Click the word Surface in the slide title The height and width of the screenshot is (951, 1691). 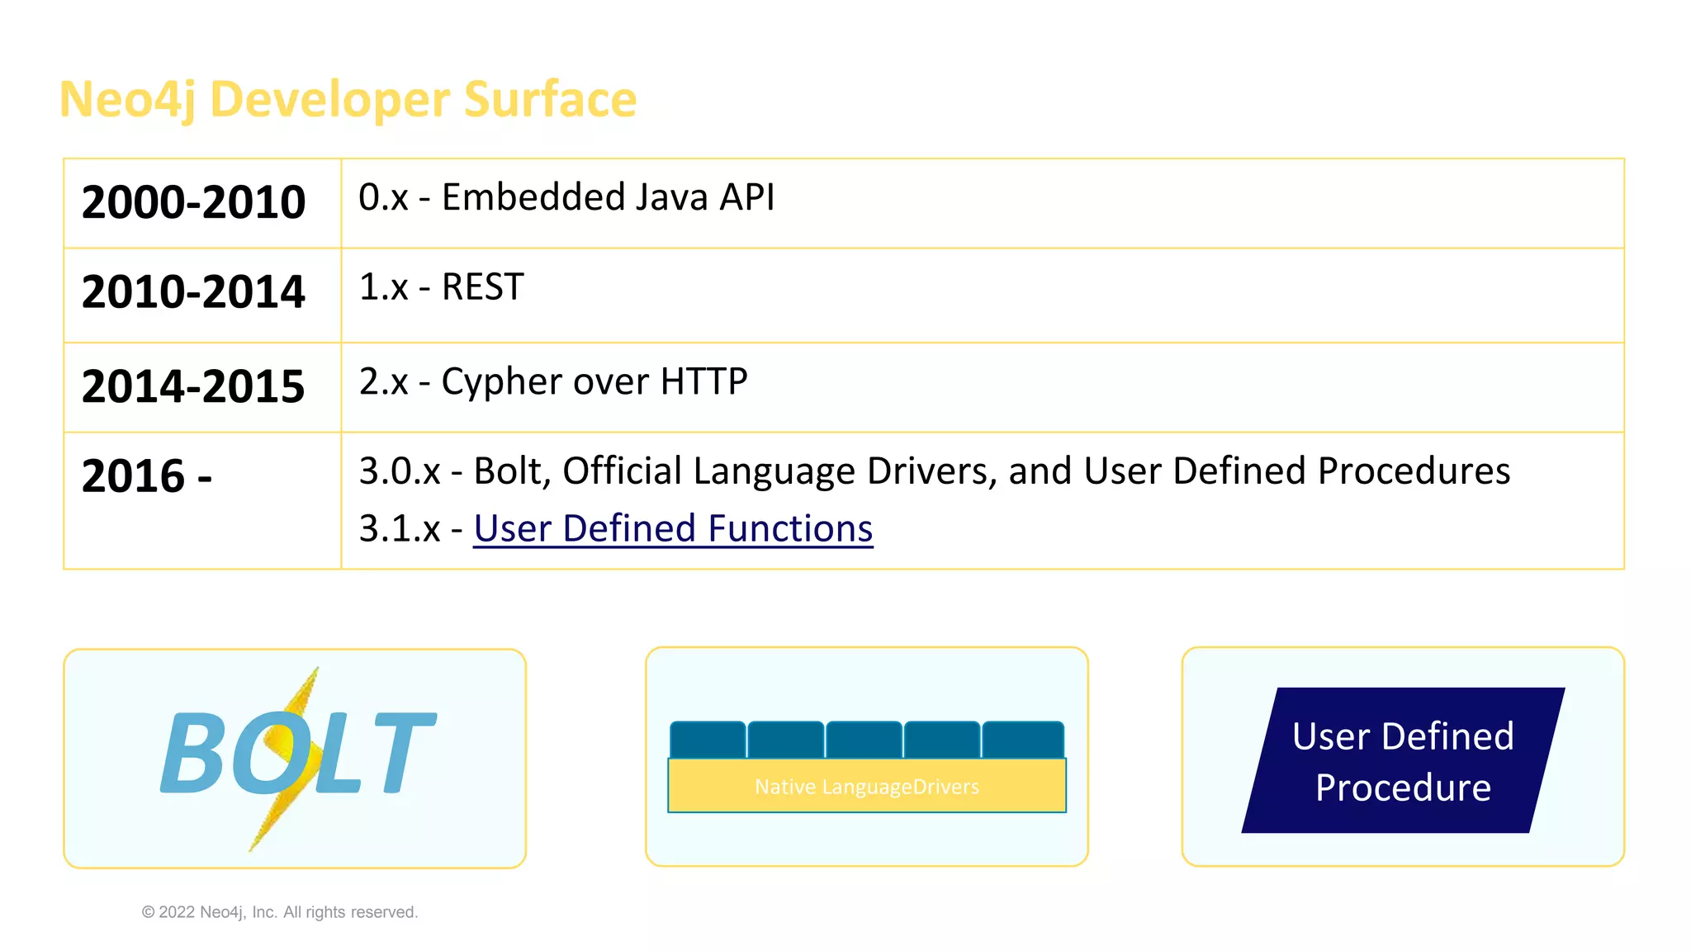pos(550,99)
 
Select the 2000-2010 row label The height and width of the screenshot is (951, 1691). pos(194,202)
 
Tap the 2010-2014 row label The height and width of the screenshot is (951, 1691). pos(194,292)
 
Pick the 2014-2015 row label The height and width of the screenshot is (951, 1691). pos(194,386)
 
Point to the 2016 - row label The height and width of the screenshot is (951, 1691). pos(147,476)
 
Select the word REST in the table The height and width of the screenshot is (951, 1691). pos(483,287)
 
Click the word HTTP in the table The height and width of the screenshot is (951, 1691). pos(703,382)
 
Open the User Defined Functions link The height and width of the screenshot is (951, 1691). pos(673,528)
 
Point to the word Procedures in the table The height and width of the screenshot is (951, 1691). pos(1414,471)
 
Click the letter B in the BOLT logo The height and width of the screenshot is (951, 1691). pos(192,753)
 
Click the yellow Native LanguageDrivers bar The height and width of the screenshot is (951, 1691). pos(867,786)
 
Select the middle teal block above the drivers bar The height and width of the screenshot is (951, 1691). pos(864,740)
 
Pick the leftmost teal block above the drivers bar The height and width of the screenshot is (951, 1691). pos(708,740)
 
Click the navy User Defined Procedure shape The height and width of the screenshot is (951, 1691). pos(1403,760)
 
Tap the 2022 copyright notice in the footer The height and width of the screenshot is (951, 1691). pos(280,912)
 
